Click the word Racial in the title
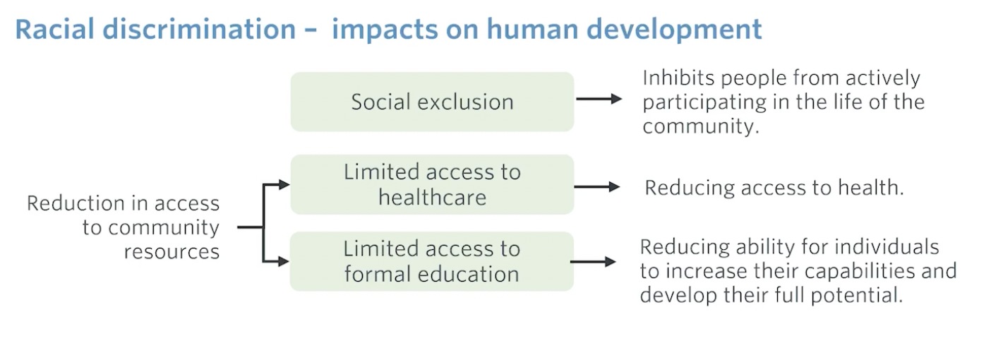coord(55,29)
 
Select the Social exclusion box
coord(432,102)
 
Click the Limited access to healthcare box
coord(432,184)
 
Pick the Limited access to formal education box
coord(432,261)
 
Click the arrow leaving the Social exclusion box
coord(599,99)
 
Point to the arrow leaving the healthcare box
coord(597,186)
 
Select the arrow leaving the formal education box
coord(594,261)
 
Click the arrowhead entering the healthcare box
coord(284,184)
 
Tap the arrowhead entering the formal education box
coord(284,261)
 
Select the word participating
coord(704,103)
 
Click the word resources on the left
coord(172,252)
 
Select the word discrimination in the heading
coord(200,29)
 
